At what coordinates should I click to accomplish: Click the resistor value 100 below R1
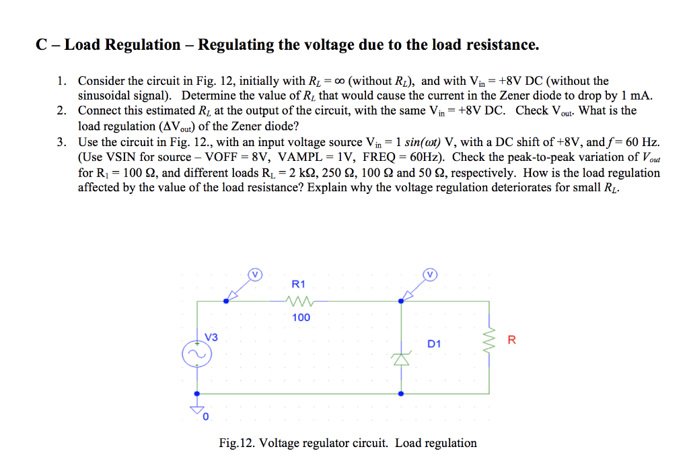pyautogui.click(x=301, y=317)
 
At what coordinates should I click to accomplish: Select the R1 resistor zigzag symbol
pyautogui.click(x=299, y=301)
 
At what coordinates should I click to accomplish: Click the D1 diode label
pyautogui.click(x=434, y=343)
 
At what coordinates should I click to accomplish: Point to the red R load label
pyautogui.click(x=512, y=339)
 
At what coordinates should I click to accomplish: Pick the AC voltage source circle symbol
pyautogui.click(x=195, y=354)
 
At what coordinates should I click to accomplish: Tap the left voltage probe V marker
pyautogui.click(x=254, y=274)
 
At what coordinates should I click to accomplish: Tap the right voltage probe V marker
pyautogui.click(x=430, y=274)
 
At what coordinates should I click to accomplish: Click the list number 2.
pyautogui.click(x=61, y=110)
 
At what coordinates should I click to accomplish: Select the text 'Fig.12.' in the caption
pyautogui.click(x=236, y=443)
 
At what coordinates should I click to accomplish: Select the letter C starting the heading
pyautogui.click(x=41, y=45)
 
